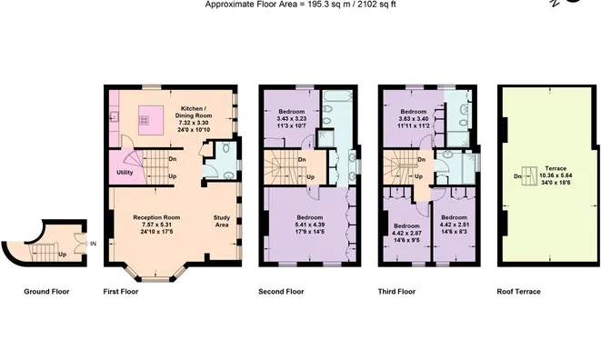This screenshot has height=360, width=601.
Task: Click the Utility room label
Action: (125, 173)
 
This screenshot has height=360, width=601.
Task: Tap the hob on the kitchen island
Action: (145, 120)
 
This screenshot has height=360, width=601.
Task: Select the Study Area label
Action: (222, 221)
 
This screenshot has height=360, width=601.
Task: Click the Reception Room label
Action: (156, 217)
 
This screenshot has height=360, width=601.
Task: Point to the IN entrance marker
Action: (93, 244)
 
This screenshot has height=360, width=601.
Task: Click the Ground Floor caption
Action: (46, 292)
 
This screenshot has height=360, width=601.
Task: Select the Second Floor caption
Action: (281, 292)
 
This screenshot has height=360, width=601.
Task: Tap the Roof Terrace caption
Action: (518, 292)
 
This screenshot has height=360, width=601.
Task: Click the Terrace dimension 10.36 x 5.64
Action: (556, 175)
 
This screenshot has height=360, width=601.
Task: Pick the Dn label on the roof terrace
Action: (517, 176)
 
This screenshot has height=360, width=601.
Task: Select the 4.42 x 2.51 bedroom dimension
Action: (455, 225)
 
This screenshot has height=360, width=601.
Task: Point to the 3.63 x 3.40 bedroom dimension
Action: (414, 119)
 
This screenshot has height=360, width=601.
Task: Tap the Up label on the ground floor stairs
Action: (62, 255)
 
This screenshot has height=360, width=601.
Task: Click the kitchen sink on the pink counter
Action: (114, 115)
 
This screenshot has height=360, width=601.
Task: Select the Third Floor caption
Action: (396, 292)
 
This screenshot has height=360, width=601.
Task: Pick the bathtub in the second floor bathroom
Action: (337, 95)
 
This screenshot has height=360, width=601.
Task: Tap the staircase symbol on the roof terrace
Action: (530, 176)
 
